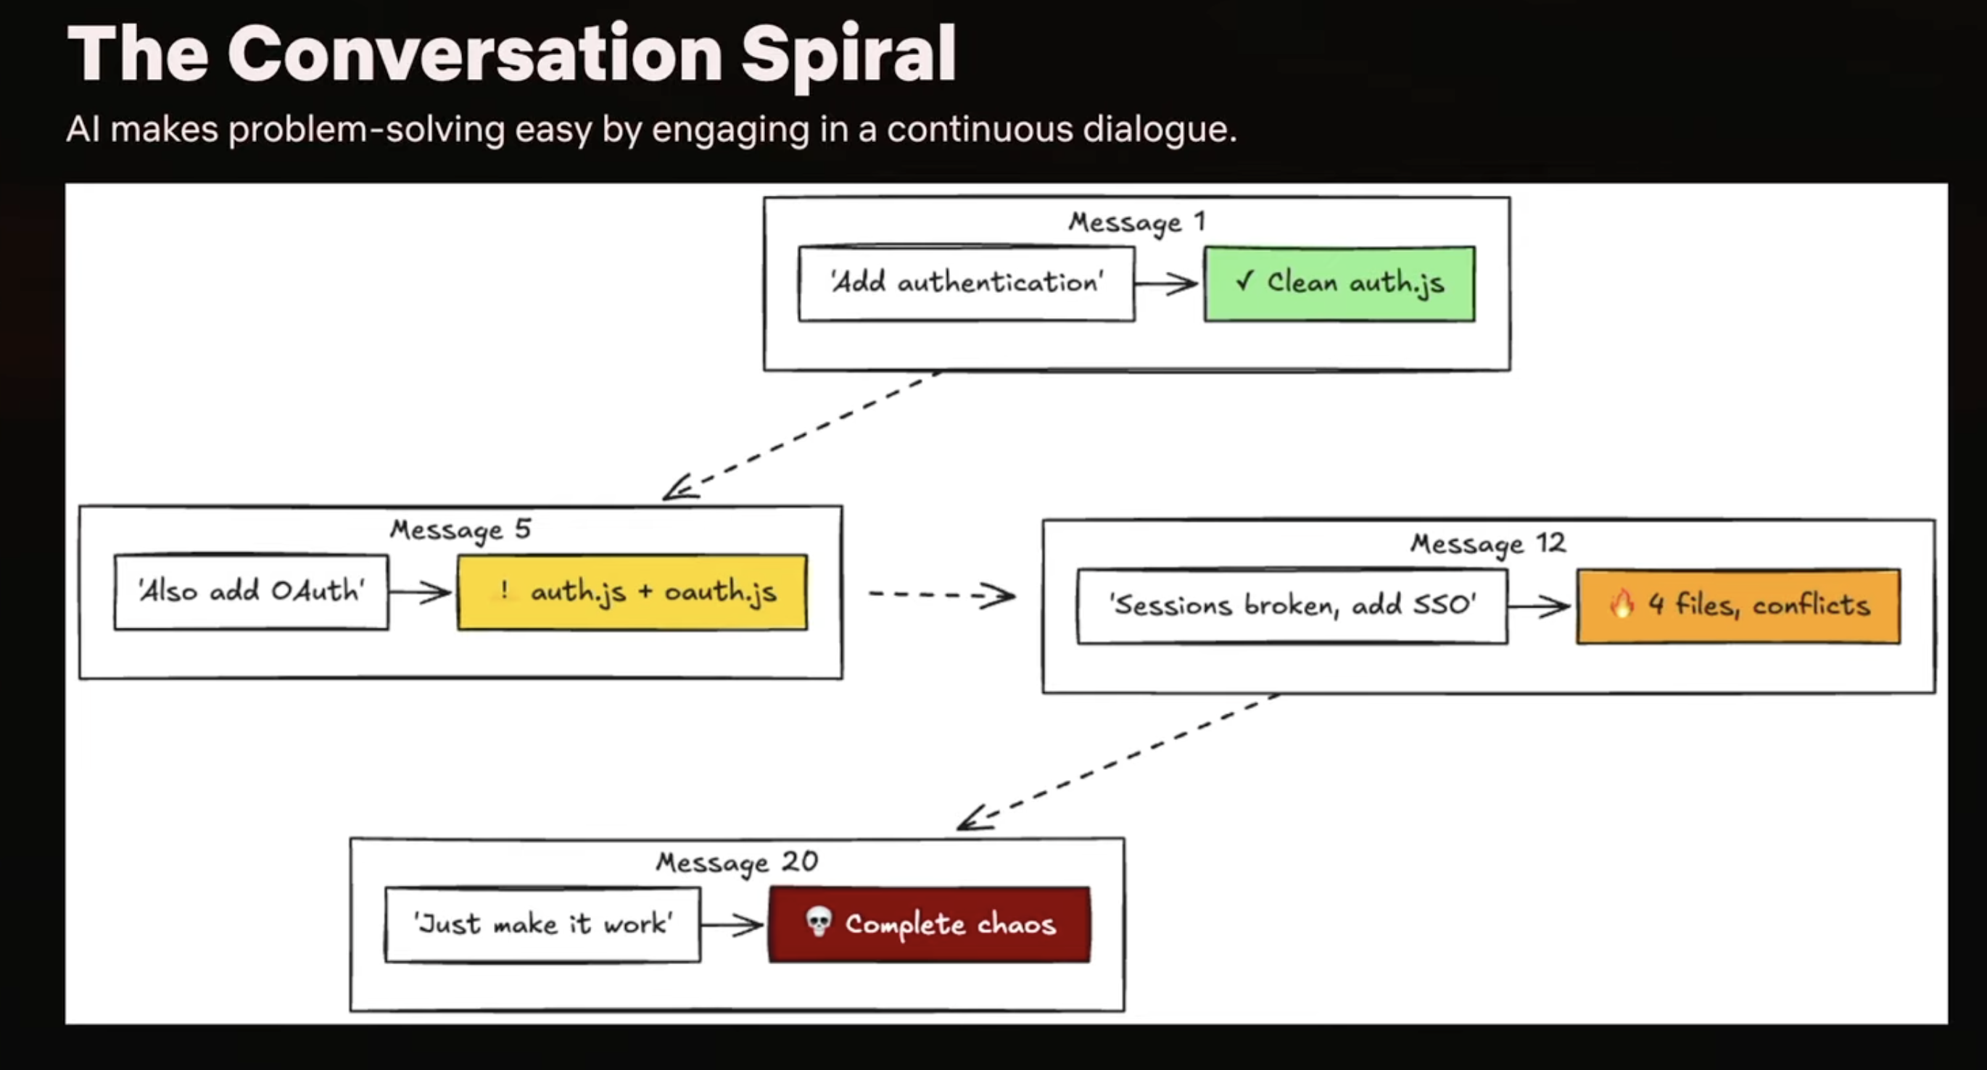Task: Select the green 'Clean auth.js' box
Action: coord(1340,283)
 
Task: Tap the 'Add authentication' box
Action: coord(967,283)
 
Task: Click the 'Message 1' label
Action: coord(1137,222)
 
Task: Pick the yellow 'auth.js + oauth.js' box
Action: coord(632,592)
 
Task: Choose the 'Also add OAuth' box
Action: coord(252,592)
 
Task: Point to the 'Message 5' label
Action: coord(460,531)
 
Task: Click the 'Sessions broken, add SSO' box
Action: coord(1292,607)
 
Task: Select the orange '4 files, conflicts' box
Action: coord(1739,607)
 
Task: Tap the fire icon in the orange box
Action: coord(1622,604)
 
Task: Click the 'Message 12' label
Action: coord(1488,544)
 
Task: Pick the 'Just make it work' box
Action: coord(543,924)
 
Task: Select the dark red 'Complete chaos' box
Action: coord(930,924)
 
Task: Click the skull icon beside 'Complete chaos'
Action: coord(819,922)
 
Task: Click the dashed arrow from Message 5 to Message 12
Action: coord(942,594)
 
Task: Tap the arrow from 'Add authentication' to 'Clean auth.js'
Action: coord(1166,283)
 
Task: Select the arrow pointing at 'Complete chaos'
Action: coord(732,924)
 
